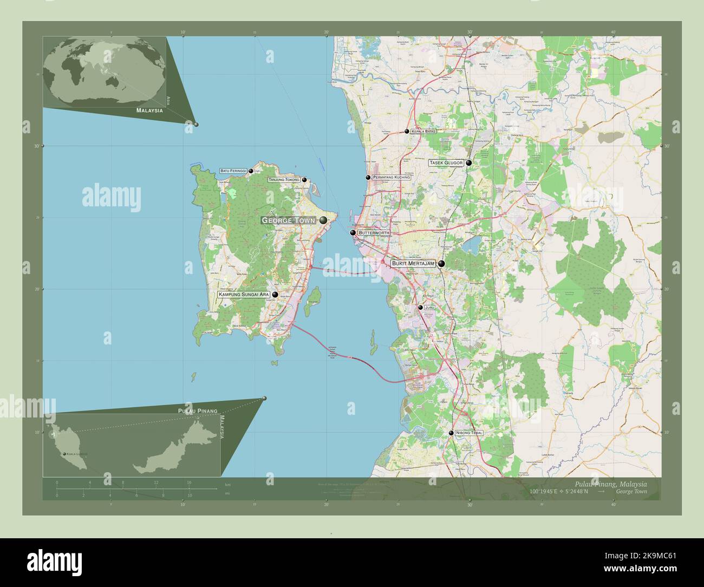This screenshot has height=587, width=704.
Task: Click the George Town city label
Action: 288,220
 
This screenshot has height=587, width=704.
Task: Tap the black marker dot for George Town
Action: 323,220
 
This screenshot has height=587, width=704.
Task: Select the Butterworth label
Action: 374,232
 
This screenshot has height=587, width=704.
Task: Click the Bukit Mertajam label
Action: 413,263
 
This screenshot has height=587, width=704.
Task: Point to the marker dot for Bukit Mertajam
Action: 442,264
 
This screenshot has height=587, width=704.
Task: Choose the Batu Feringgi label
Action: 233,171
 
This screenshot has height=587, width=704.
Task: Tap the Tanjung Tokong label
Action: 284,179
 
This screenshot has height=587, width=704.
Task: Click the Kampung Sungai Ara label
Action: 244,295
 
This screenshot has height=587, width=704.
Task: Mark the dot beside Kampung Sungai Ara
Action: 275,295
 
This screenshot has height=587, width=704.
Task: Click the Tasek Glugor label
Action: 446,162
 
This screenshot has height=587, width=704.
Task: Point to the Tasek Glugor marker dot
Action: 469,162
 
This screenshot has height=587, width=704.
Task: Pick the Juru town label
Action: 430,307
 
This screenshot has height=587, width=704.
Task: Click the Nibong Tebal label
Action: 469,433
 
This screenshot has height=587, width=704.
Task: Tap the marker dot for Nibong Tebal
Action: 451,433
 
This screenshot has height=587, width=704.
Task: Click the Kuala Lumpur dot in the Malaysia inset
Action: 65,454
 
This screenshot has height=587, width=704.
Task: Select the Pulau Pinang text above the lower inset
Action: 198,411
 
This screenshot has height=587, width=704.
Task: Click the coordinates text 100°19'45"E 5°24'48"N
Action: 560,492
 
